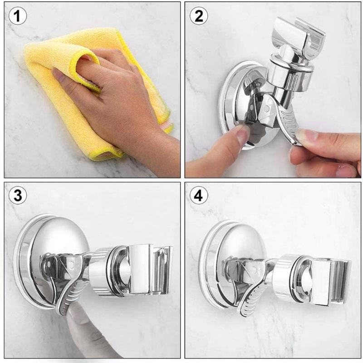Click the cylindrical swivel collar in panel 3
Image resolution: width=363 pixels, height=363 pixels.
click(104, 270)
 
